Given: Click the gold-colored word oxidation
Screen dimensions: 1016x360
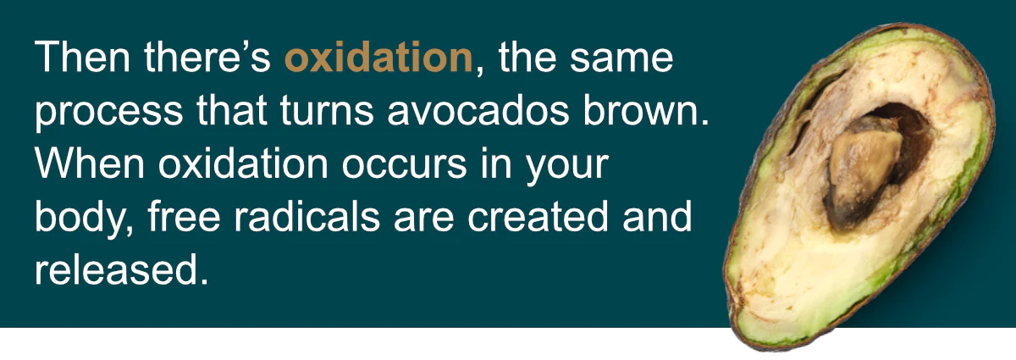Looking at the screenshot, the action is tap(378, 58).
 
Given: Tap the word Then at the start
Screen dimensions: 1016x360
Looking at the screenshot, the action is tap(82, 57).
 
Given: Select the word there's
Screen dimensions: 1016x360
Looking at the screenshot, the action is tap(207, 57).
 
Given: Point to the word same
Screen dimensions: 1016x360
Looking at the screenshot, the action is tap(621, 58).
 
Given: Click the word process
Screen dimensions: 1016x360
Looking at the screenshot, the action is tap(109, 112).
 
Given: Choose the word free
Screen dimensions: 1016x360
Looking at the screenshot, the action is tap(184, 216).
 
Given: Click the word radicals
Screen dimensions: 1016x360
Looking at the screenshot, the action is tap(306, 216).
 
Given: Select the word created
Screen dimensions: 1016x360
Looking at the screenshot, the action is tap(538, 216).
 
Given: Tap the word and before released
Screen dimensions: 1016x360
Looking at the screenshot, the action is tap(657, 216).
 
